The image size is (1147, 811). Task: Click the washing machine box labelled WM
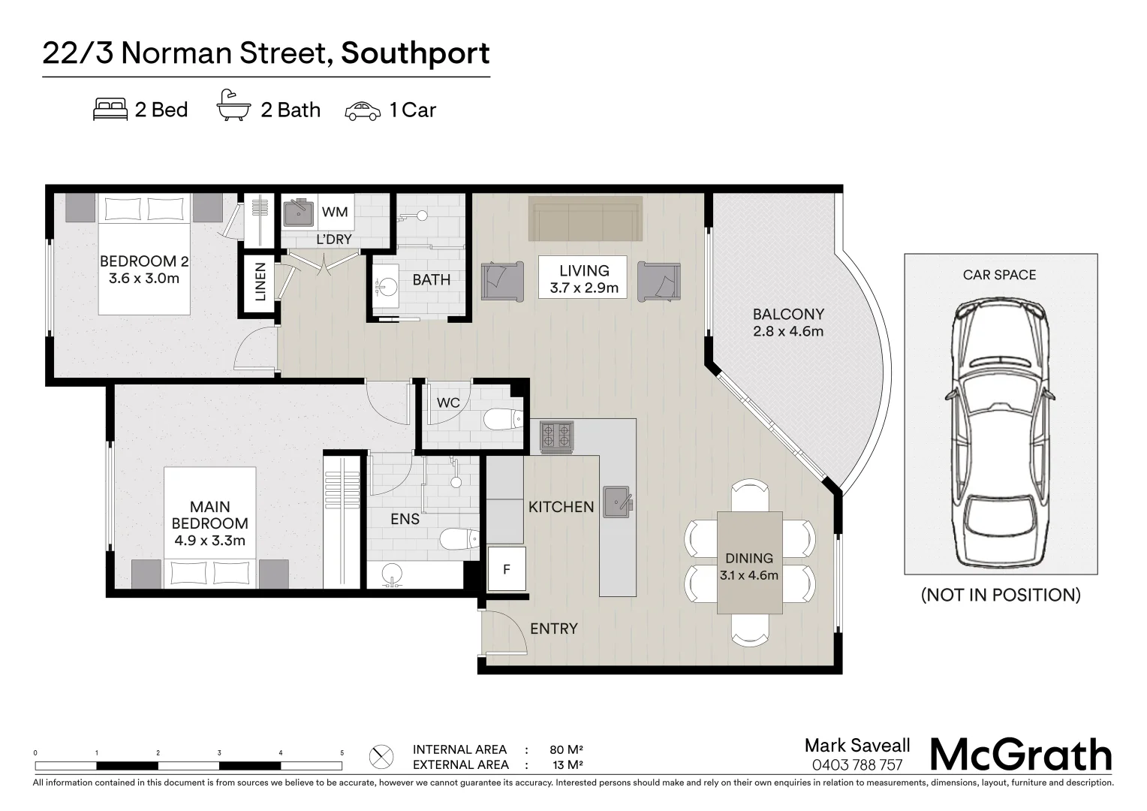[x=335, y=212]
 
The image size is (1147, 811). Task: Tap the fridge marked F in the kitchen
[x=506, y=569]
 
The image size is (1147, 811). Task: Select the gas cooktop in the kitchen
[x=557, y=436]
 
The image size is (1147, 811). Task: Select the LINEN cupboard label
[x=260, y=282]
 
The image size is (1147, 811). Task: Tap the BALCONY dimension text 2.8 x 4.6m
[x=788, y=331]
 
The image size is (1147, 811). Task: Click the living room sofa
[x=586, y=219]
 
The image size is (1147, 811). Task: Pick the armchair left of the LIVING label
[x=501, y=281]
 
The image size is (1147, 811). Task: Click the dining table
[x=749, y=562]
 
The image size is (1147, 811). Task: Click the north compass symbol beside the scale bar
[x=382, y=756]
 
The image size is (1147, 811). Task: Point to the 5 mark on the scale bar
[x=342, y=753]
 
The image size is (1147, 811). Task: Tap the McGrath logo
[x=1021, y=755]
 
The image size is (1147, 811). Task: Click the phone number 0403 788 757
[x=857, y=765]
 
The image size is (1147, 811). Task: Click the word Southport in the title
[x=415, y=53]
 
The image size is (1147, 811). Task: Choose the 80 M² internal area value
[x=566, y=749]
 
